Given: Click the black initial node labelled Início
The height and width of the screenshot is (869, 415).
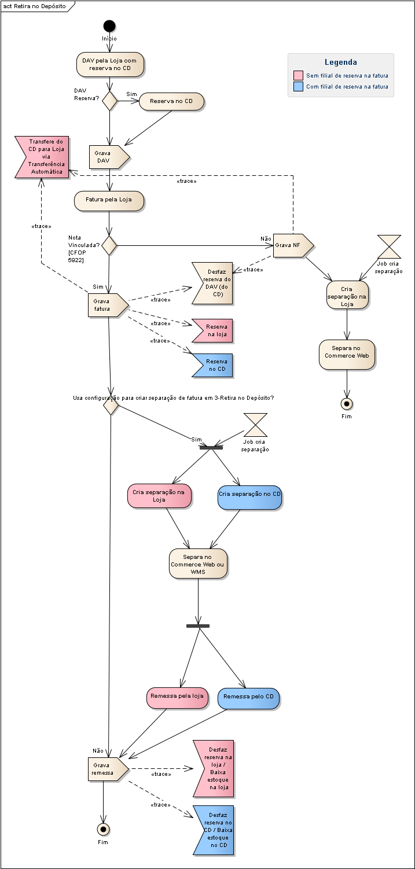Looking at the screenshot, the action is pyautogui.click(x=109, y=26).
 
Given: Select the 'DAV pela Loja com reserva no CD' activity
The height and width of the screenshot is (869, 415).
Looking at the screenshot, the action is pyautogui.click(x=110, y=64).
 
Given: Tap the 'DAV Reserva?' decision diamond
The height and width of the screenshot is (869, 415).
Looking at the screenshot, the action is pyautogui.click(x=109, y=101).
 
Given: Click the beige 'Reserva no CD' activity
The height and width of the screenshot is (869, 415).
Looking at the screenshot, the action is pyautogui.click(x=171, y=101).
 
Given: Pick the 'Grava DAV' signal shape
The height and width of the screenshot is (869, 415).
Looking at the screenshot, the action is pyautogui.click(x=109, y=157).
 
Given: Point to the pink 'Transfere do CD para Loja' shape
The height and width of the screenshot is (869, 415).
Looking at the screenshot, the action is pyautogui.click(x=42, y=157).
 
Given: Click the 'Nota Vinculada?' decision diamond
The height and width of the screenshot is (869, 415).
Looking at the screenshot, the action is pyautogui.click(x=109, y=245).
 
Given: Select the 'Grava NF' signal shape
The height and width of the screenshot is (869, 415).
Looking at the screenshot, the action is pyautogui.click(x=293, y=245).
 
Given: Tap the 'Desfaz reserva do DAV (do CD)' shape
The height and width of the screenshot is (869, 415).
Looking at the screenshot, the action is pyautogui.click(x=212, y=283).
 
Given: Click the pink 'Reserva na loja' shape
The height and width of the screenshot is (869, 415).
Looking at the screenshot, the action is pyautogui.click(x=212, y=331).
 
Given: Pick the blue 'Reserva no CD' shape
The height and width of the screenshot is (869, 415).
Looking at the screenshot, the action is pyautogui.click(x=212, y=366).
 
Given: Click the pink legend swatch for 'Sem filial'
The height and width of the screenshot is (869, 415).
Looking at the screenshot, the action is pyautogui.click(x=298, y=75).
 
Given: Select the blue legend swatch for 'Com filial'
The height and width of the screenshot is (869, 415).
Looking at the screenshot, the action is pyautogui.click(x=298, y=86).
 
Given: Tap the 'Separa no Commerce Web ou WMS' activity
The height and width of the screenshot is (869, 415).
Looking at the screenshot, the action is pyautogui.click(x=198, y=564).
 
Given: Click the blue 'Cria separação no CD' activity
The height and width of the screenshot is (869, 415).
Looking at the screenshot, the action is pyautogui.click(x=249, y=498).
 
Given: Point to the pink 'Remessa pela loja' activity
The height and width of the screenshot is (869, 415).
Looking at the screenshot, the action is pyautogui.click(x=177, y=698).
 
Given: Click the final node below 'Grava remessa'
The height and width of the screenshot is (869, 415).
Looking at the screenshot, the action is pyautogui.click(x=103, y=830).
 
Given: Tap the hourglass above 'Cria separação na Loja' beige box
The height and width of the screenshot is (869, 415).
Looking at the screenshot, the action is pyautogui.click(x=389, y=246).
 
